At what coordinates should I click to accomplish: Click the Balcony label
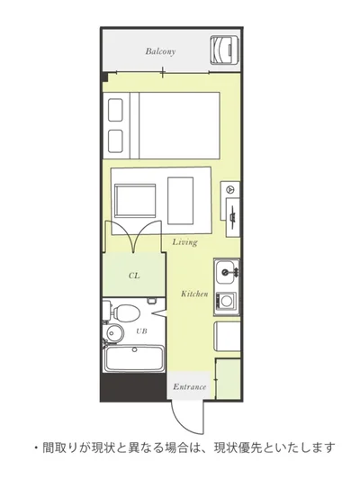tap(160, 51)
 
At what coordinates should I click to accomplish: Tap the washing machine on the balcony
tap(225, 50)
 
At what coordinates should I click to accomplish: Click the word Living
tap(184, 242)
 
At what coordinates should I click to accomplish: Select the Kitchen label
tap(194, 294)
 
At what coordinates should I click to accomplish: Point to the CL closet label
tap(134, 276)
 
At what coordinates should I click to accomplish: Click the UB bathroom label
tap(141, 331)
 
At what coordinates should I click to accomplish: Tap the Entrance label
tap(190, 386)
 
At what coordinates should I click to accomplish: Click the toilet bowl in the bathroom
tap(126, 312)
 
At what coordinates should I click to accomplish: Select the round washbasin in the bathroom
tap(115, 333)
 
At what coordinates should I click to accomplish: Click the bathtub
tap(134, 358)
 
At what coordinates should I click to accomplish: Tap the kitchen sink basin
tap(226, 272)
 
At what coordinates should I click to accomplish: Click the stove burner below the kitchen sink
tap(227, 301)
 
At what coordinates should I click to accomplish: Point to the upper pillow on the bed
tap(115, 110)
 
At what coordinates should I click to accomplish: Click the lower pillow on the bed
tap(115, 141)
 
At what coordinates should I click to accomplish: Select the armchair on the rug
tap(135, 201)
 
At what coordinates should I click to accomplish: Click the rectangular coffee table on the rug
tap(181, 200)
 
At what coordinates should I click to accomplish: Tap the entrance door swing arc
tap(182, 424)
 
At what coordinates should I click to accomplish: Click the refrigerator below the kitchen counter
tap(227, 336)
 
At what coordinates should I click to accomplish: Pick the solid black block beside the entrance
tap(134, 387)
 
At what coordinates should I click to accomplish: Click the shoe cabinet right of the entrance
tap(228, 379)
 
